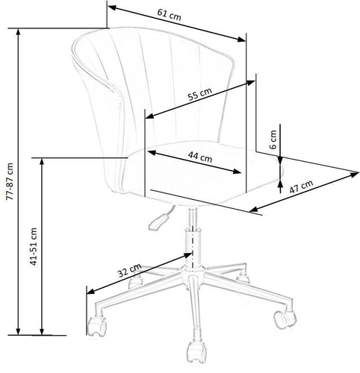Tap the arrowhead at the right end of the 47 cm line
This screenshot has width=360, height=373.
point(355,178)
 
